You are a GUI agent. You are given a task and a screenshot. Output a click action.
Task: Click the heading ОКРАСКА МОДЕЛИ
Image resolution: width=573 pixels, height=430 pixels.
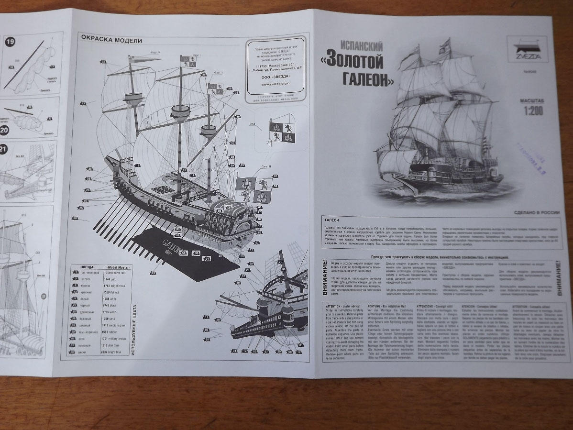(x=110, y=39)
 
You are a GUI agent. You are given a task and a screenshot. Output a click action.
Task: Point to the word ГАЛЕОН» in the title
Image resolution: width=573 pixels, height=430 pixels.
(x=370, y=80)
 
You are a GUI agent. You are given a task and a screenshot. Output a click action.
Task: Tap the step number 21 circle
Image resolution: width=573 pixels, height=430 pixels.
(x=4, y=149)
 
